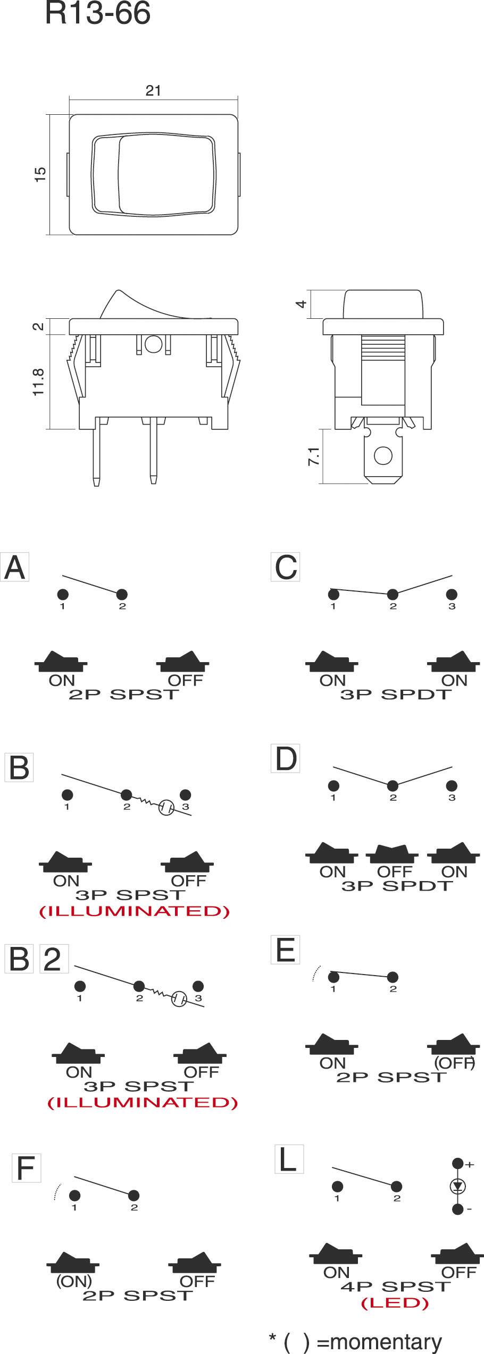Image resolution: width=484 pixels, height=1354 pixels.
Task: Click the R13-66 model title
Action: pyautogui.click(x=98, y=14)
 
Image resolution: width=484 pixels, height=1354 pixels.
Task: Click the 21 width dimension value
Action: pyautogui.click(x=153, y=91)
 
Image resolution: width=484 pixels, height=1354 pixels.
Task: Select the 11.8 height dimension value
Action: pyautogui.click(x=38, y=382)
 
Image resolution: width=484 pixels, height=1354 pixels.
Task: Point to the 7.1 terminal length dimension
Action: pyautogui.click(x=314, y=456)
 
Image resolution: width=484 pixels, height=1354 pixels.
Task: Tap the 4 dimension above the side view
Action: pyautogui.click(x=301, y=304)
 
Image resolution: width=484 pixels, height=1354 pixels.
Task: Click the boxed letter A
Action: pyautogui.click(x=14, y=568)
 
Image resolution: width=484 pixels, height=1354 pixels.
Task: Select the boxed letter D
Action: pyautogui.click(x=286, y=759)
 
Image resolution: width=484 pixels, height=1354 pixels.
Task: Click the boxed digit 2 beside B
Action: pyautogui.click(x=53, y=960)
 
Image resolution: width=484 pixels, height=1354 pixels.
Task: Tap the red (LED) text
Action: pyautogui.click(x=395, y=1303)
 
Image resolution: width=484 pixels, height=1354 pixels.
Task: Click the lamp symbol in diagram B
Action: pyautogui.click(x=166, y=808)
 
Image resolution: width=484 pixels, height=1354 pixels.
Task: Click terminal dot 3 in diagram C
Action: pyautogui.click(x=452, y=595)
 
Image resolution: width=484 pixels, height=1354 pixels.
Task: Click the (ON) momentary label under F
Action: pyautogui.click(x=74, y=1281)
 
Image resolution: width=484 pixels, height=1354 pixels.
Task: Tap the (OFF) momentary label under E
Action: pyautogui.click(x=454, y=1062)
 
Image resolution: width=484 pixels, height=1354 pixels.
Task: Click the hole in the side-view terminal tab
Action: pyautogui.click(x=383, y=455)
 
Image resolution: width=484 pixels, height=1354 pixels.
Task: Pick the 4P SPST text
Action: pyautogui.click(x=396, y=1287)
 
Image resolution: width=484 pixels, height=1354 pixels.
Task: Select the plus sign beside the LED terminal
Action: pyautogui.click(x=470, y=1165)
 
